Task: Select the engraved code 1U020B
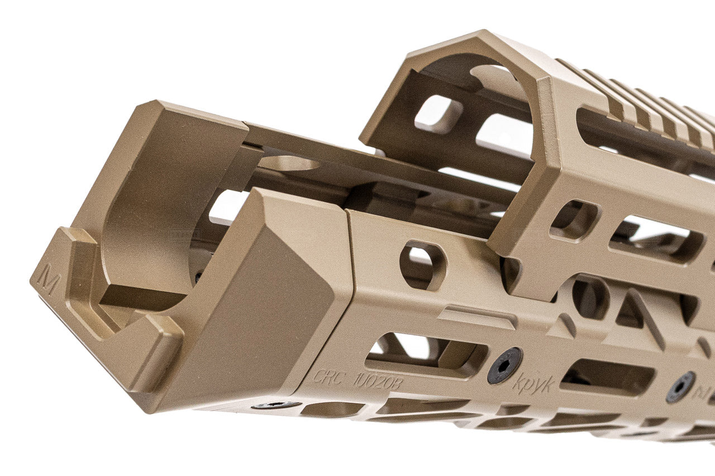(377, 381)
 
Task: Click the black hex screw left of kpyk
(504, 365)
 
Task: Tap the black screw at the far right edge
(680, 387)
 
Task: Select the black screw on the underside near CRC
(276, 405)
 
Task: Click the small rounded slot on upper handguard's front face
(574, 220)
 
